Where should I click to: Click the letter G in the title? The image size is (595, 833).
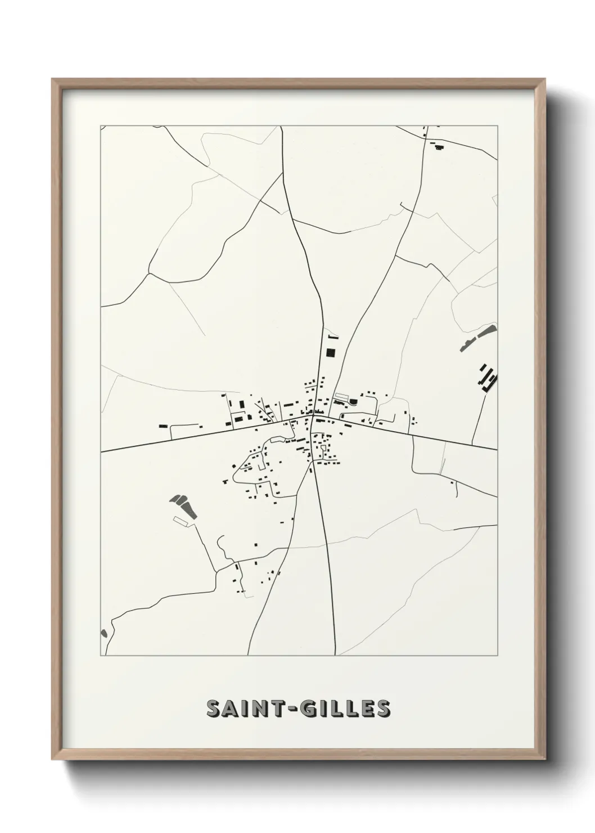(x=304, y=708)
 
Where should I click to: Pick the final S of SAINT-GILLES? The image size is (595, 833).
(x=382, y=708)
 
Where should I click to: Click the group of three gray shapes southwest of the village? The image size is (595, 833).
(x=184, y=505)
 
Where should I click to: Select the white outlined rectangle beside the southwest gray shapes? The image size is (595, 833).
(x=184, y=521)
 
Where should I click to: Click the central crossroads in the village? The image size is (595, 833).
(x=312, y=418)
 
